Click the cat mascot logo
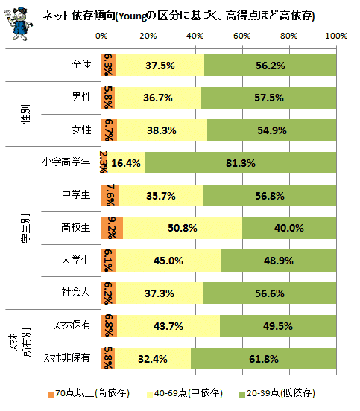point(19,24)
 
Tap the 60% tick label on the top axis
point(242,36)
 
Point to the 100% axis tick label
point(336,36)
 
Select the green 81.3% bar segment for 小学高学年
point(241,163)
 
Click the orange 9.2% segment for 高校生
point(112,228)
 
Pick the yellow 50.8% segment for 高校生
point(183,228)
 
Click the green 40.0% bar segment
point(289,228)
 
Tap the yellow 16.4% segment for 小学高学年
point(126,163)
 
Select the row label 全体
point(81,65)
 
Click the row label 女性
point(81,130)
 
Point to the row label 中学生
point(76,195)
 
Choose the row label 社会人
point(76,293)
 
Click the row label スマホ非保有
point(67,358)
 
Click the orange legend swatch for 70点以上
point(51,395)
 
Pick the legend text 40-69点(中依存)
point(189,393)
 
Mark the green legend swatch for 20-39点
point(241,395)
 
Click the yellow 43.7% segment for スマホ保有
point(168,326)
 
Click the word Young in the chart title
point(132,17)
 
